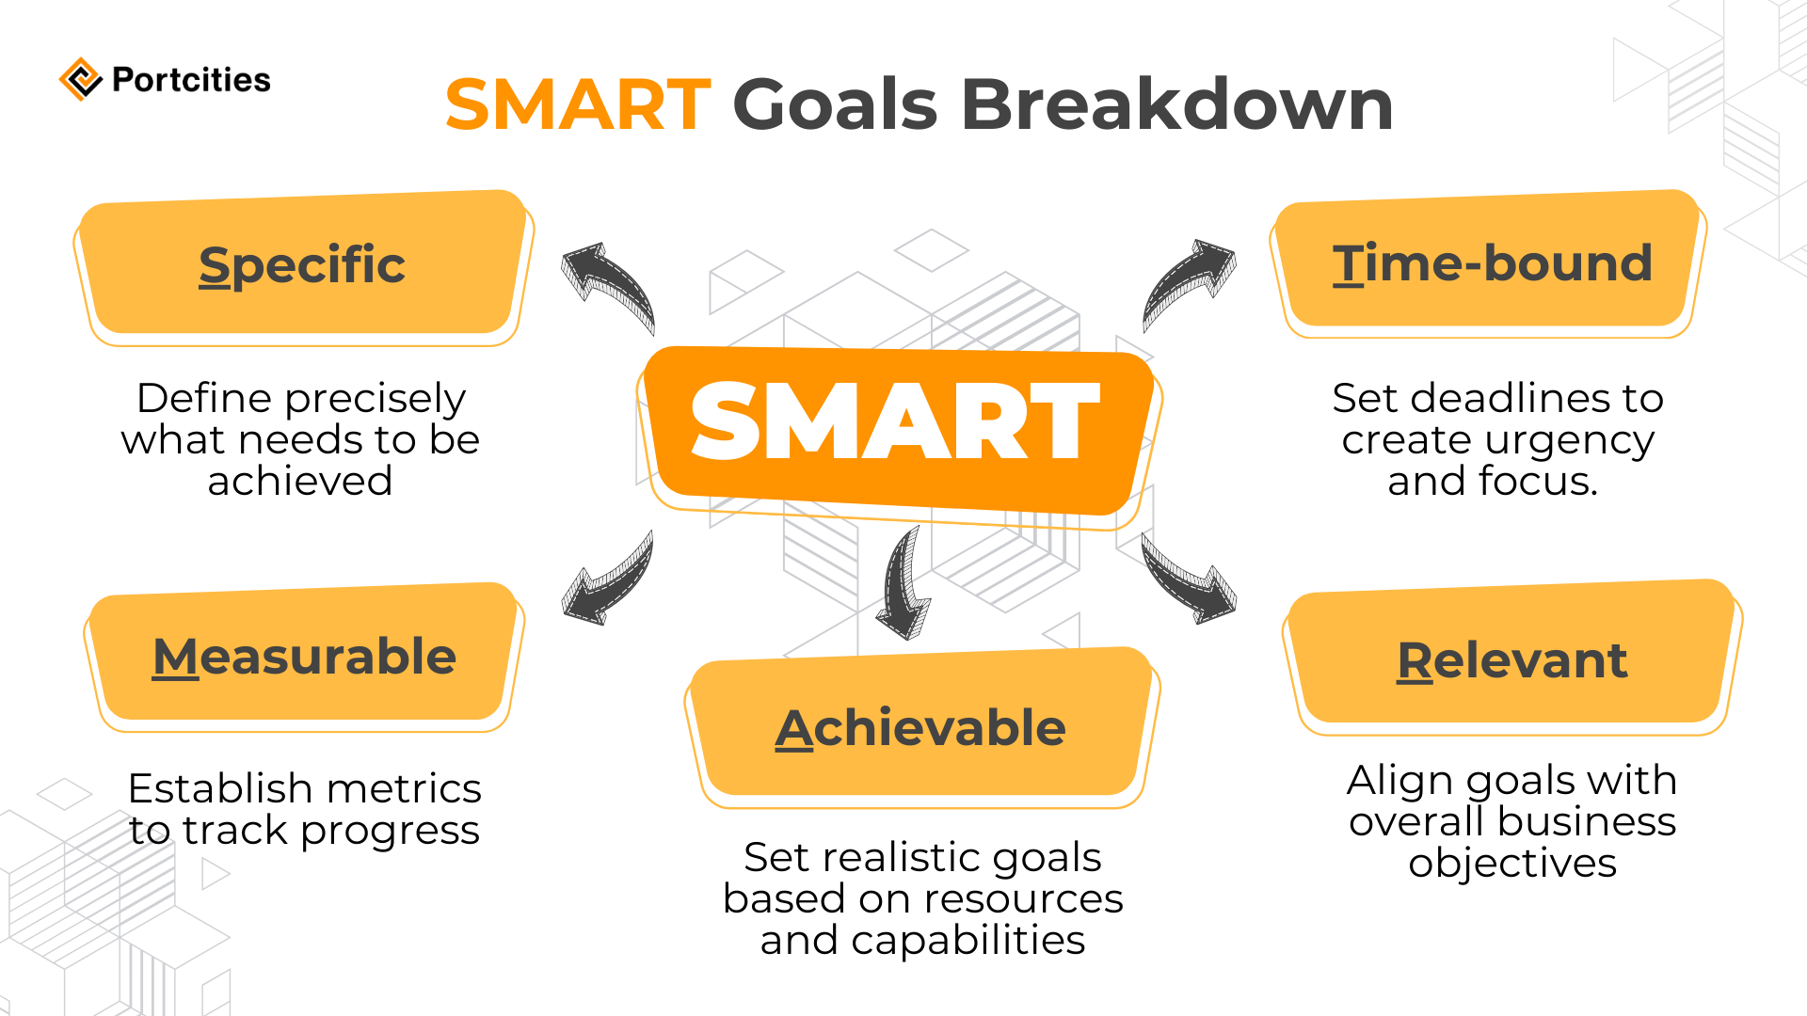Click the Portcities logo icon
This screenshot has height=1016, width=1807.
pyautogui.click(x=81, y=79)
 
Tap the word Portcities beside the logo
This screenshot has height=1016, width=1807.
pyautogui.click(x=191, y=80)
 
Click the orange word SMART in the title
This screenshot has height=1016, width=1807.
pyautogui.click(x=578, y=104)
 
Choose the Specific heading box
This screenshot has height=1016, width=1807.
pyautogui.click(x=302, y=265)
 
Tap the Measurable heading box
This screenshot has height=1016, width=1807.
pyautogui.click(x=304, y=657)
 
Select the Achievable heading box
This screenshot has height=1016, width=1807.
pyautogui.click(x=920, y=728)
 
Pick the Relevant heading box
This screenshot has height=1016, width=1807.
pyautogui.click(x=1511, y=660)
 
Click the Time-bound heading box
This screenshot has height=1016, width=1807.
pyautogui.click(x=1492, y=263)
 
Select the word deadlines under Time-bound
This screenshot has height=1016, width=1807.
pyautogui.click(x=1511, y=399)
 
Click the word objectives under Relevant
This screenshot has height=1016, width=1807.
pyautogui.click(x=1511, y=863)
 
